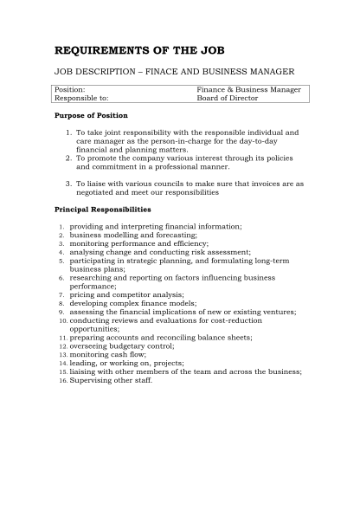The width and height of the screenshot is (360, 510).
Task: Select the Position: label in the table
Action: (x=70, y=89)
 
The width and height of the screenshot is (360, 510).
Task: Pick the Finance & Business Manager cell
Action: (x=248, y=89)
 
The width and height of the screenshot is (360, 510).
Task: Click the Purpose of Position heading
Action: (x=91, y=115)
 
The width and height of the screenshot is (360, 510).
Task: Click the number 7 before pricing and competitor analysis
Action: (x=62, y=295)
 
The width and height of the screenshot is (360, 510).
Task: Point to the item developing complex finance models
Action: (x=133, y=304)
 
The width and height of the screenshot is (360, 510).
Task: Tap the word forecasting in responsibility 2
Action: (x=174, y=235)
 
